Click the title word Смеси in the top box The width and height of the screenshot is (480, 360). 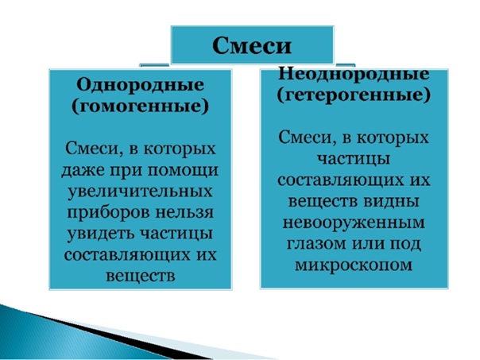pyautogui.click(x=252, y=45)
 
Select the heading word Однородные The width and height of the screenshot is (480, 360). pyautogui.click(x=140, y=85)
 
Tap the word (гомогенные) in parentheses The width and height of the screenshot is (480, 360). pyautogui.click(x=140, y=106)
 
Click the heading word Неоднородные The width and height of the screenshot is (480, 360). pyautogui.click(x=354, y=74)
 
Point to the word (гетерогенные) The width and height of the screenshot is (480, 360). pyautogui.click(x=354, y=95)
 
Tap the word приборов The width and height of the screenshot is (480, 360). pyautogui.click(x=108, y=213)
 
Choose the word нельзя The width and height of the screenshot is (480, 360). pyautogui.click(x=184, y=212)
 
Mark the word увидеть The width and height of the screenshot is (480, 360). pyautogui.click(x=100, y=234)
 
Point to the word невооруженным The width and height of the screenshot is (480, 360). pyautogui.click(x=354, y=223)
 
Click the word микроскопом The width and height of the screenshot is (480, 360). pyautogui.click(x=354, y=265)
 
